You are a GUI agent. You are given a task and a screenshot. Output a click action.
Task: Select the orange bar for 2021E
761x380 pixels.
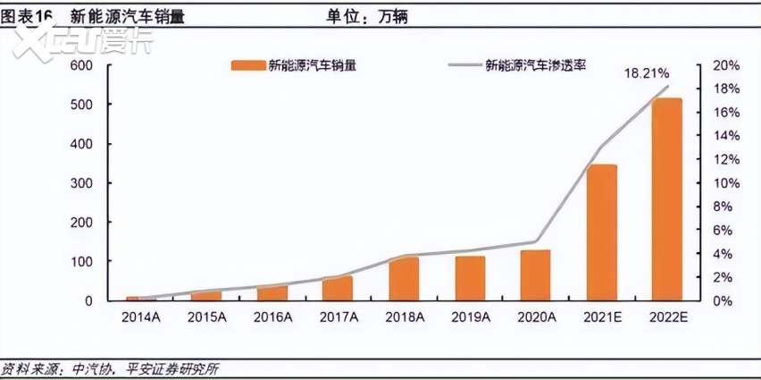pyautogui.click(x=602, y=232)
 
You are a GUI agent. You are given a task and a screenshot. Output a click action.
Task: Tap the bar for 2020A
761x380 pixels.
pyautogui.click(x=535, y=275)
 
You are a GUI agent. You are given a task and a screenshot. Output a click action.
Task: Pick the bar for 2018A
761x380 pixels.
pyautogui.click(x=404, y=279)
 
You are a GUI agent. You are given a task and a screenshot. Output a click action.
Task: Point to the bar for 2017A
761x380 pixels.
pyautogui.click(x=338, y=288)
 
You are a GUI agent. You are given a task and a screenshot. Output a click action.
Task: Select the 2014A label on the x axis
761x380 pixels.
pyautogui.click(x=140, y=317)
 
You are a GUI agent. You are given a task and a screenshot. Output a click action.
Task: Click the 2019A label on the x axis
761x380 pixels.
pyautogui.click(x=470, y=317)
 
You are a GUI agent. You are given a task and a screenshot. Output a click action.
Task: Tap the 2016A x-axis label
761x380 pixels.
pyautogui.click(x=272, y=317)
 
